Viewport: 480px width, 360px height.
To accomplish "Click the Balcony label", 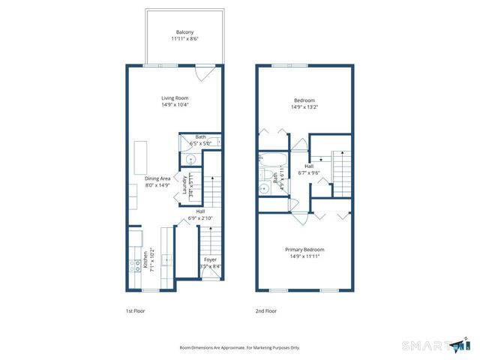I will pos(184,32).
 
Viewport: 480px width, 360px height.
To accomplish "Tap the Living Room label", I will pos(175,98).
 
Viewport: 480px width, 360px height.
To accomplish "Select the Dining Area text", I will pos(158,178).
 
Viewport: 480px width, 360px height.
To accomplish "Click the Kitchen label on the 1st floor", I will pos(145,259).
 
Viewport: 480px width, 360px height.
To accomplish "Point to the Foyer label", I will pos(211,259).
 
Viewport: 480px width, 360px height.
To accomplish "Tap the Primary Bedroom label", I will pos(304,249).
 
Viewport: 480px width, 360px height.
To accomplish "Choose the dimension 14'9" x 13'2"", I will pos(304,106).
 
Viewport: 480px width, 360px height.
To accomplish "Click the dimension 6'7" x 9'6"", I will pos(309,172).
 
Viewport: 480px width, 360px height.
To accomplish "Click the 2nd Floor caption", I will pos(265,310).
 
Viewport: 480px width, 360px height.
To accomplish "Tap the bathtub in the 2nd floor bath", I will pos(269,160).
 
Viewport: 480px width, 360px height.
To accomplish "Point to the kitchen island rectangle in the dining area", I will pos(139,157).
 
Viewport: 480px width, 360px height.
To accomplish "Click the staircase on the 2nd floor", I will pos(342,171).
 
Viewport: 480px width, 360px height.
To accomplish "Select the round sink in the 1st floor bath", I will pos(190,160).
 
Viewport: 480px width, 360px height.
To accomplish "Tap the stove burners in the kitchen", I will pos(135,262).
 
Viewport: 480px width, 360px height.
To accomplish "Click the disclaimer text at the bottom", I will pos(240,347).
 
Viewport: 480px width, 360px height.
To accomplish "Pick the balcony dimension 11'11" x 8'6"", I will pos(184,39).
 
